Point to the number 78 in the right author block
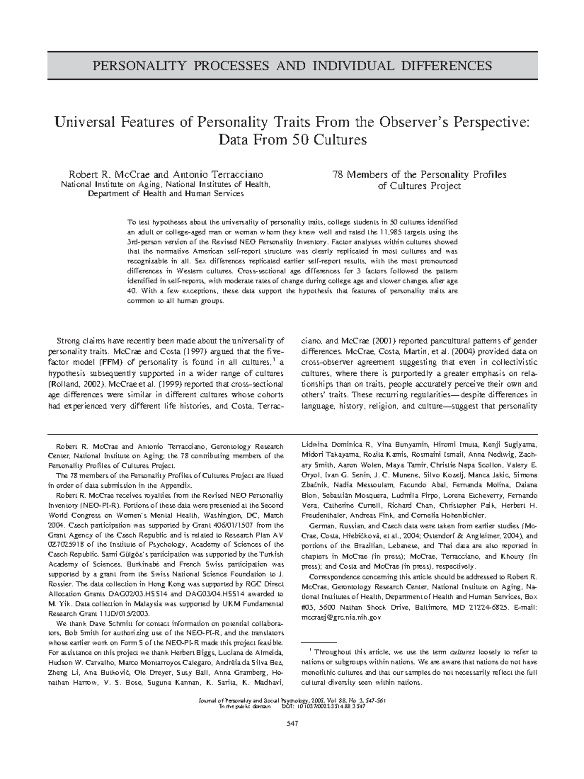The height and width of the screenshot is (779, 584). coord(338,174)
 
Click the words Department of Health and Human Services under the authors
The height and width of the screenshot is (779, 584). coord(165,193)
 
